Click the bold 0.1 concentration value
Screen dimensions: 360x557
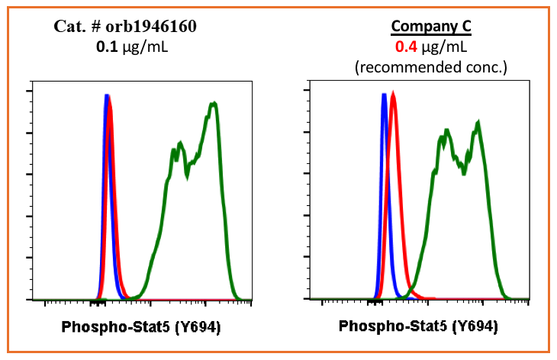(105, 47)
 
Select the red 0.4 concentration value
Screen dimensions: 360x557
(405, 47)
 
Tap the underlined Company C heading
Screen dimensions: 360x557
(431, 27)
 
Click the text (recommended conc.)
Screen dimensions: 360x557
(431, 66)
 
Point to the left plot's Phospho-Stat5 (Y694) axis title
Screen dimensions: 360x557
(141, 328)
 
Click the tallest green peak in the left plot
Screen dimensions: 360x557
(215, 103)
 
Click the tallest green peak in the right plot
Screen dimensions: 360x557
(478, 122)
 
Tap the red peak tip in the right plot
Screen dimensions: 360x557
(393, 94)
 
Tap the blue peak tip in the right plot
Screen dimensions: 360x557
(384, 95)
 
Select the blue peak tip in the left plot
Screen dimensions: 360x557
(107, 95)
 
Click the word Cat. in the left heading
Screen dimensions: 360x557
(67, 27)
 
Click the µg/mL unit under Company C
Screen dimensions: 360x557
(446, 47)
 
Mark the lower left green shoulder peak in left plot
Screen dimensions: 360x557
(179, 143)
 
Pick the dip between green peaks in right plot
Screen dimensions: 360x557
(463, 169)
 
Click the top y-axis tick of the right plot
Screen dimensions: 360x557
(307, 92)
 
